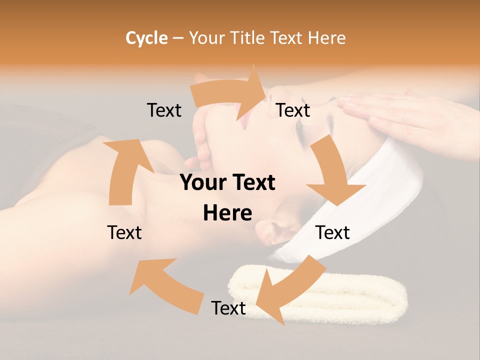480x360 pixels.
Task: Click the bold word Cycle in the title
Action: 146,38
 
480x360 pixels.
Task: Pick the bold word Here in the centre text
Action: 227,213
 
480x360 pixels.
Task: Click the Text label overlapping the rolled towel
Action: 228,308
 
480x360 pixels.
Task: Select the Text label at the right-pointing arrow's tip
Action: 293,110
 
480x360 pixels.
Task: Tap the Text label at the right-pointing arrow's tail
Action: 164,110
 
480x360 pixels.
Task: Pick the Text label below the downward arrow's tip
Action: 332,232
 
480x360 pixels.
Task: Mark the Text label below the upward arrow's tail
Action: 124,232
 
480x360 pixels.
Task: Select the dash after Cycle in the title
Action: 178,38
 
